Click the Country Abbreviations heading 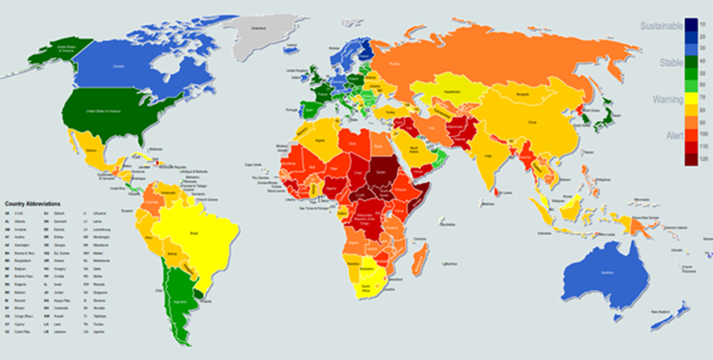click(x=33, y=203)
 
